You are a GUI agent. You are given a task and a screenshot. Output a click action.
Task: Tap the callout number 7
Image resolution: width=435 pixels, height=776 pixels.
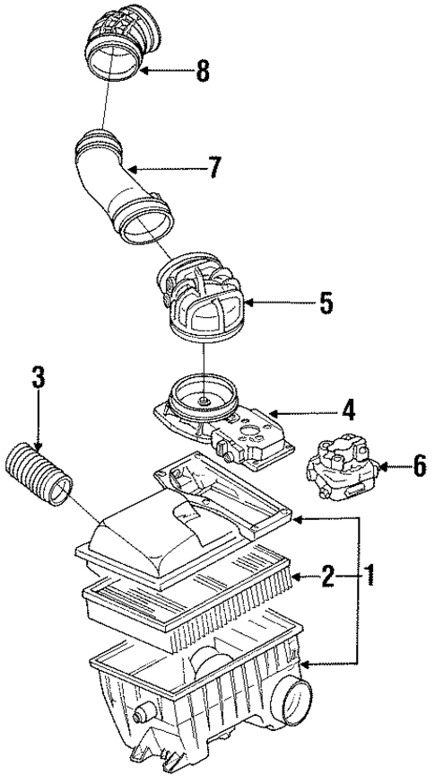point(214,167)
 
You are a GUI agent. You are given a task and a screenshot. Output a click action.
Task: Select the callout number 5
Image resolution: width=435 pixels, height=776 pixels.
point(326,303)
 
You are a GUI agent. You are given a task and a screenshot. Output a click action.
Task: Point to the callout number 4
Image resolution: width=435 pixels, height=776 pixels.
point(346,410)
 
